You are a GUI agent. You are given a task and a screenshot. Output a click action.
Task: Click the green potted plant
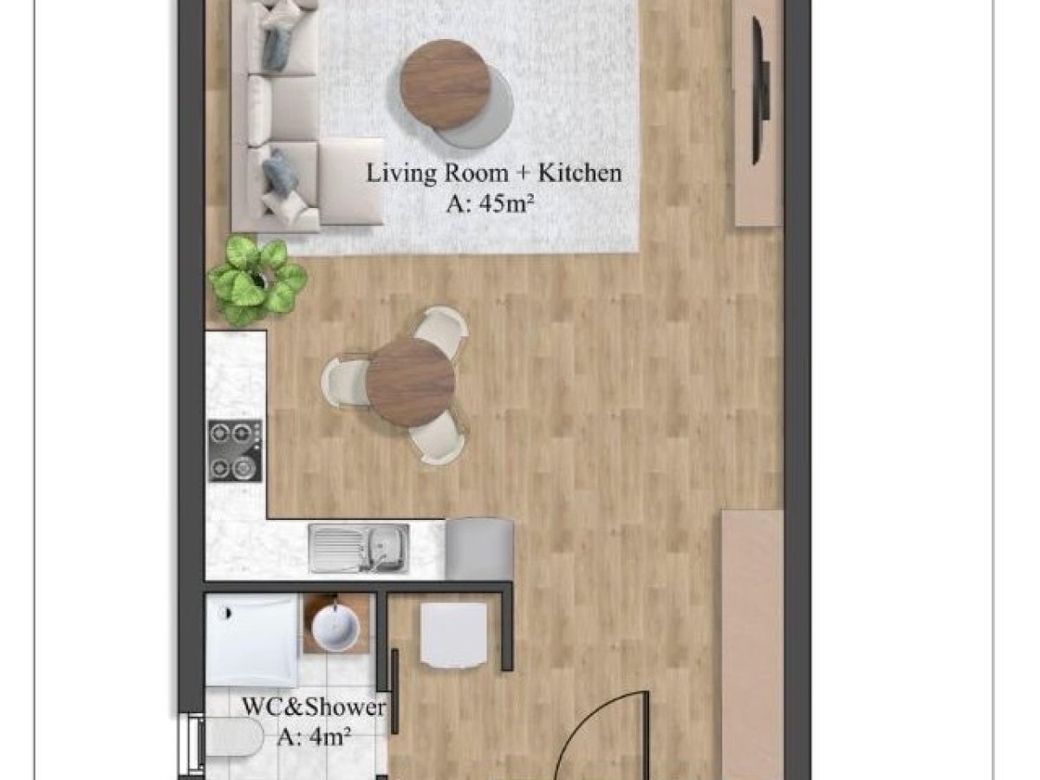pos(257,279)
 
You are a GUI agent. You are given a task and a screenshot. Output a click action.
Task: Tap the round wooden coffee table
pos(445,84)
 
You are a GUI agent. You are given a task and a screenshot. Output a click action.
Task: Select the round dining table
pos(411,383)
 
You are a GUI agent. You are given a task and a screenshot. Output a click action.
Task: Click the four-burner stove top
pos(235,451)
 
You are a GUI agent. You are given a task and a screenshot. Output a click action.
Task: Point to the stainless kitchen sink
pos(359,549)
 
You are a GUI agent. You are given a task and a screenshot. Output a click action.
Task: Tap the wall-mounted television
pos(760,91)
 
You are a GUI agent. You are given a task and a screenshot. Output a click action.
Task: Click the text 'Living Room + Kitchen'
pos(494,172)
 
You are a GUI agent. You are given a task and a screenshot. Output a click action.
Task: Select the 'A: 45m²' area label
pos(490,205)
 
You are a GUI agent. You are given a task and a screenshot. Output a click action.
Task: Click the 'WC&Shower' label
pos(314,707)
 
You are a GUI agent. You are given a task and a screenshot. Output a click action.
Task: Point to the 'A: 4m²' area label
pos(314,737)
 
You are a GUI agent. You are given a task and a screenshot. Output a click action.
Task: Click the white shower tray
pos(252,640)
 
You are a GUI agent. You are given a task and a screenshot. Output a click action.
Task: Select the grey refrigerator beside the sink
pos(479,549)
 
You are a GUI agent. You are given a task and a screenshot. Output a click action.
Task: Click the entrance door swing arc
pos(588,724)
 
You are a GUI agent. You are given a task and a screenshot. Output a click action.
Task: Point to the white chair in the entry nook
pos(454,634)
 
